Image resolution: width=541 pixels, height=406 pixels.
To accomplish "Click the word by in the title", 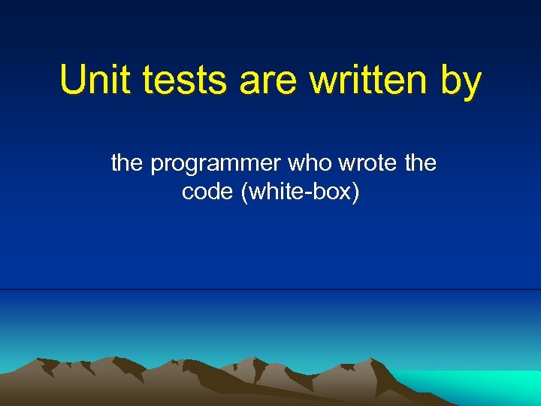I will coord(460,80).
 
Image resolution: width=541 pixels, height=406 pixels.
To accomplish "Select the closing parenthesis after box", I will coord(356,192).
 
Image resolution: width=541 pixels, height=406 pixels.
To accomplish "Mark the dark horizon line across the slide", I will coord(270,289).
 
